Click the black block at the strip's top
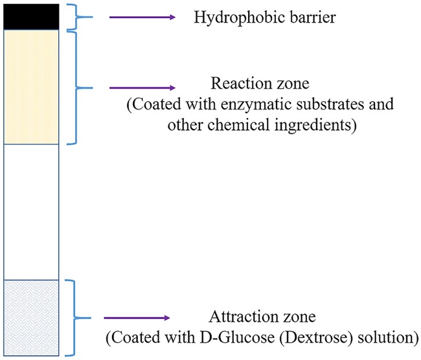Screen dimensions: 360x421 point(31,16)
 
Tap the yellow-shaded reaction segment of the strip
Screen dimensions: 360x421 point(31,87)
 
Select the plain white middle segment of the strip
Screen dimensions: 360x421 point(31,211)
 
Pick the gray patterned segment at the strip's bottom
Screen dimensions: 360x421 point(31,317)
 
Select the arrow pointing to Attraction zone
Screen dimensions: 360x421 point(137,318)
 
